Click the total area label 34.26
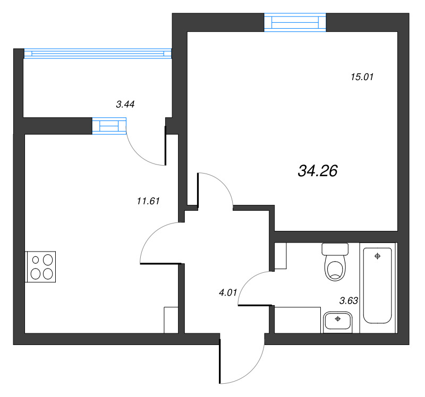[x=318, y=171]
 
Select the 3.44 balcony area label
[x=125, y=105]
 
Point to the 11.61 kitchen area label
[x=148, y=201]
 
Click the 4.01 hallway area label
[x=227, y=291]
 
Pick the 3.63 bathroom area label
[x=348, y=300]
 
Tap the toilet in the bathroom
[x=335, y=267]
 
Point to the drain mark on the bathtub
[x=377, y=256]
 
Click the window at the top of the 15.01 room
[x=295, y=22]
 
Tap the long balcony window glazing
[x=98, y=53]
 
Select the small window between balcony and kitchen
[x=109, y=125]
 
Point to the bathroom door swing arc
[x=248, y=281]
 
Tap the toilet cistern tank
[x=335, y=249]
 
